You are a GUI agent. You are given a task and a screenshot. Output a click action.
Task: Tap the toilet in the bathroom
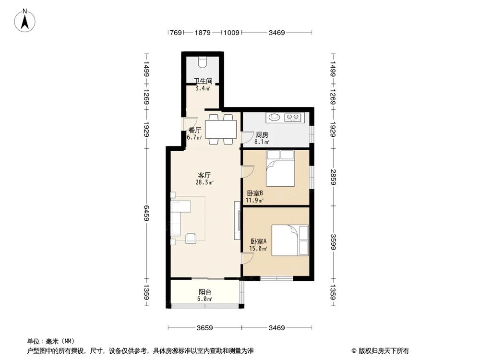click(202, 62)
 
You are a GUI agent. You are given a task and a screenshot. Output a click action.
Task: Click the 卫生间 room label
click(203, 82)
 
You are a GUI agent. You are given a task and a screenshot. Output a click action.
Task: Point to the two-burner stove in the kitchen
click(292, 117)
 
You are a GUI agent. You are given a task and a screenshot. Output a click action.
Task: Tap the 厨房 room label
click(262, 135)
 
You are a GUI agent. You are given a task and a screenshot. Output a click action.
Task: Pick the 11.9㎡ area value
click(254, 200)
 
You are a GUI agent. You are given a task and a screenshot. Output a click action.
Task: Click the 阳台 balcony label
click(205, 291)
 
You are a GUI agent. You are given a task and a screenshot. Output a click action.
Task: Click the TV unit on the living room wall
click(237, 221)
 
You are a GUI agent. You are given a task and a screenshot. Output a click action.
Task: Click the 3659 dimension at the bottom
click(204, 328)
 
